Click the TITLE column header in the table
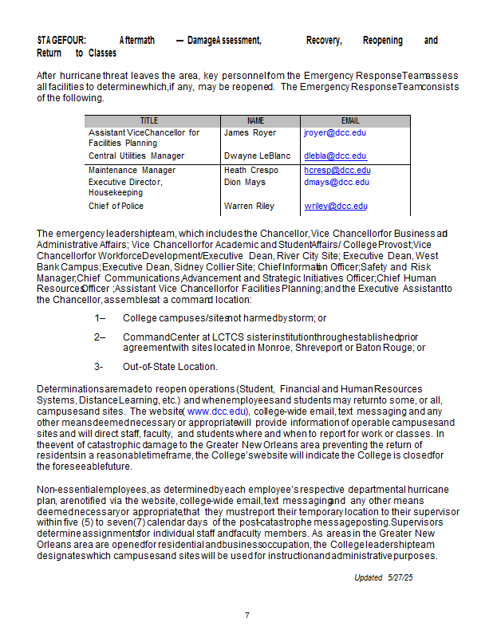(x=149, y=121)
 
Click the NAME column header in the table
(x=255, y=121)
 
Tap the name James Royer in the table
(x=250, y=133)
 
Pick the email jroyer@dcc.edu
(x=335, y=133)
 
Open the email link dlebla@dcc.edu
(x=335, y=156)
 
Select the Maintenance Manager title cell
(x=132, y=171)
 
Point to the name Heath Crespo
(x=251, y=171)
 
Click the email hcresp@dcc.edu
(x=337, y=171)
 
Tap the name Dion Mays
(x=244, y=182)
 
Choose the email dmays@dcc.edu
(x=337, y=182)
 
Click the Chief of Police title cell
(x=116, y=206)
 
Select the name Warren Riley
(x=249, y=206)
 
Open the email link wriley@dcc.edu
(x=336, y=206)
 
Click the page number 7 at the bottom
(x=247, y=615)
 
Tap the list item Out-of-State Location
(x=170, y=367)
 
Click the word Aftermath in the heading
(x=137, y=41)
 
